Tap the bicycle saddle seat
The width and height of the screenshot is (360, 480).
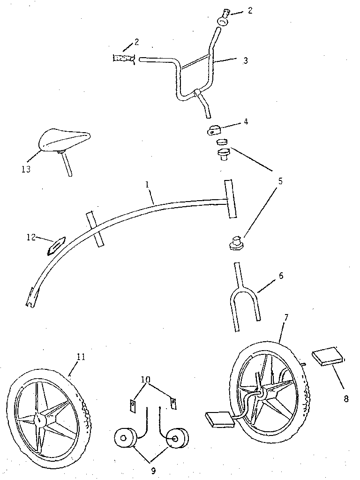click(x=64, y=140)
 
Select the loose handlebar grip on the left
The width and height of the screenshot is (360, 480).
click(x=123, y=59)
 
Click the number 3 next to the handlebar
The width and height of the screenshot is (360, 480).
click(x=246, y=60)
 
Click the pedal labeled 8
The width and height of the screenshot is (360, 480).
click(x=330, y=356)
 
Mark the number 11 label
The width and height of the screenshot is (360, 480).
click(x=81, y=357)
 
